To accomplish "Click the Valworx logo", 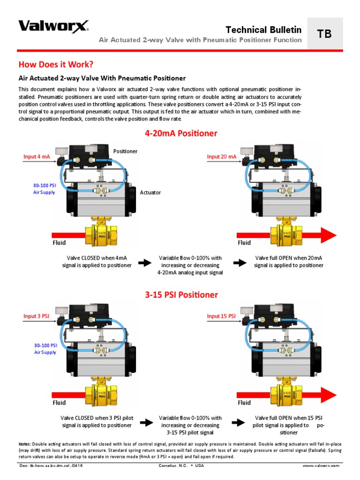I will [53, 26].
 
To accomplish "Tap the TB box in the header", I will [324, 33].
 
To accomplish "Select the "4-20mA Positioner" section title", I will [180, 134].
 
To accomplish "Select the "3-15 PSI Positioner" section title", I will [180, 295].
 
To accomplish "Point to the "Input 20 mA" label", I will [222, 157].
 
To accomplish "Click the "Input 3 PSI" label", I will [37, 316].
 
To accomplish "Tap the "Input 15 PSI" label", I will [221, 316].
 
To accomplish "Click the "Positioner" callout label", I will [126, 151].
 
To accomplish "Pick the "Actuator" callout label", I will [150, 192].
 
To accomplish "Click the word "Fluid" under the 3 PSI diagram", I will [59, 402].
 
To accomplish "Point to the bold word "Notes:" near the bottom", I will [25, 444].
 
